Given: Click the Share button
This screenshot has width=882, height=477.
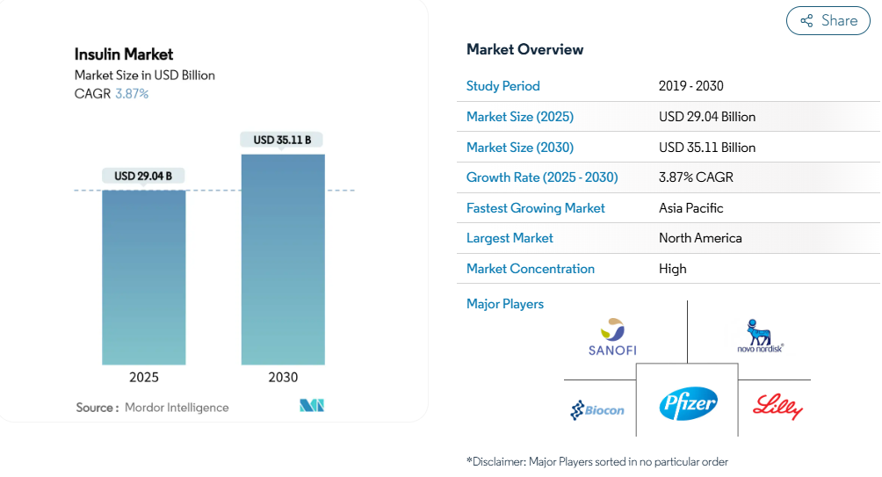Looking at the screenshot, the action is (828, 21).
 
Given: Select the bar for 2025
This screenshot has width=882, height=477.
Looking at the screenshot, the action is (143, 278).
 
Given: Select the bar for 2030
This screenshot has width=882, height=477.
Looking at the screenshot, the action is (283, 259).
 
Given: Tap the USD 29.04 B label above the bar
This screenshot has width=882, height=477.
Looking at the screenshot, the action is (143, 176).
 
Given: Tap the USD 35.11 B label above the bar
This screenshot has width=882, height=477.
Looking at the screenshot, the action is (282, 140).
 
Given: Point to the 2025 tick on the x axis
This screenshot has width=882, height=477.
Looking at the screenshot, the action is (144, 377).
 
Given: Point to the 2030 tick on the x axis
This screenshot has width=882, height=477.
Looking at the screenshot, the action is (283, 377).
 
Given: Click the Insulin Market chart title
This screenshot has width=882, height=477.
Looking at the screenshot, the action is (124, 54).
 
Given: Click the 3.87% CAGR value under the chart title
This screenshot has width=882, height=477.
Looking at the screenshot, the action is (132, 93).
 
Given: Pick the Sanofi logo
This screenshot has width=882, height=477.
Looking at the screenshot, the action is (612, 337).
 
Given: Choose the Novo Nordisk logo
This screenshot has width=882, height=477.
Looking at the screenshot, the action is (760, 336).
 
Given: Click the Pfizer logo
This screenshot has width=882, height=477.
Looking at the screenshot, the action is (688, 403).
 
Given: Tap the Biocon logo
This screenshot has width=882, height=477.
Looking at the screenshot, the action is (597, 410).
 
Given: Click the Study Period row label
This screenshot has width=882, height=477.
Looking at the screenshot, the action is (502, 86).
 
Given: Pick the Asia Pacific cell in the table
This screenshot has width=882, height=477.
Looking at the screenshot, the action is (690, 208).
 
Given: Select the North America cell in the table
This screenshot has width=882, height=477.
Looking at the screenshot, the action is (700, 238).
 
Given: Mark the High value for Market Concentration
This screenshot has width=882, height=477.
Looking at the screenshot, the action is (673, 269).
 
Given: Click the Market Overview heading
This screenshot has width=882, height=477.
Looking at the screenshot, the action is (524, 49).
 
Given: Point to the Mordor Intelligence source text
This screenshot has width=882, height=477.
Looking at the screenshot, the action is (177, 408).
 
